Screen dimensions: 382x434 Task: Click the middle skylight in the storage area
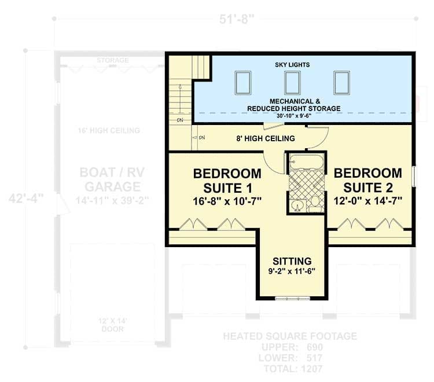click(x=292, y=83)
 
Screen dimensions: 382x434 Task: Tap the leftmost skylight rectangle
click(x=243, y=83)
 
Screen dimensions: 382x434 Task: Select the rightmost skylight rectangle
click(x=341, y=83)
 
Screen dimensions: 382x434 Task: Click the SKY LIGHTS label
click(x=292, y=65)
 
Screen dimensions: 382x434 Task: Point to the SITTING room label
click(x=292, y=261)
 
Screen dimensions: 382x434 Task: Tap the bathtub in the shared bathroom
click(x=306, y=161)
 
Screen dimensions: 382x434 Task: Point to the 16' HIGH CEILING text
click(x=109, y=131)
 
